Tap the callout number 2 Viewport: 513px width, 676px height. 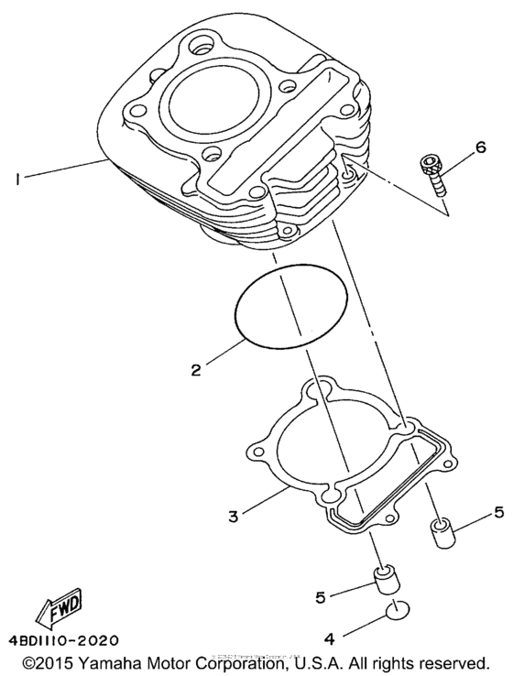(196, 371)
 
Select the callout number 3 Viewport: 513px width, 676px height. (234, 516)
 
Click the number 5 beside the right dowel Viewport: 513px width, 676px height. (498, 511)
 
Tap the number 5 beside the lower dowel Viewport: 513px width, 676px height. (320, 596)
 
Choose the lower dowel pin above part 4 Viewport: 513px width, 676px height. (385, 581)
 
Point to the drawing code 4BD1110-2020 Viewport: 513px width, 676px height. (63, 639)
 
